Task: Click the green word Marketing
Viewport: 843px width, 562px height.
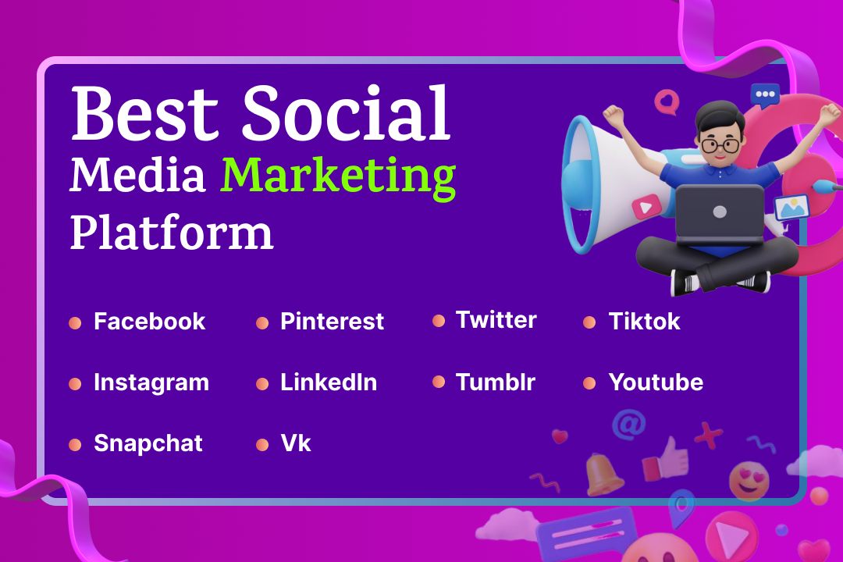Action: point(338,177)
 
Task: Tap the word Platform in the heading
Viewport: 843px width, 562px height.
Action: point(172,233)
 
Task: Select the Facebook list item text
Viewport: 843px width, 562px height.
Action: point(149,322)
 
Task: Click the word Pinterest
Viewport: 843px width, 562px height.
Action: point(332,322)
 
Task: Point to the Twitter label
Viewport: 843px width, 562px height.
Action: point(496,320)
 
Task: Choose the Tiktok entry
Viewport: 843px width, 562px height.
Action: point(644,322)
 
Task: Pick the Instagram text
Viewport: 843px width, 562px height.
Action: point(151,383)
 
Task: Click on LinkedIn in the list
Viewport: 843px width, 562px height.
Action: point(329,382)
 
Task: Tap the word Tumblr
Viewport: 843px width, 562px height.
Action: point(495,382)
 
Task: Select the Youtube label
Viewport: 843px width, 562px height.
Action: point(656,382)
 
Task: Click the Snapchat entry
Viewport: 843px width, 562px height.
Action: point(148,443)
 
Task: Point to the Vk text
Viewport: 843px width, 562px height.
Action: point(295,443)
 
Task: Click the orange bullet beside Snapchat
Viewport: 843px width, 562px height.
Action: point(75,445)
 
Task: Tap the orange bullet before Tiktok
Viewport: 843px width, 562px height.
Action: point(589,322)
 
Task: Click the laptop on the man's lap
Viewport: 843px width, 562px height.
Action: point(720,214)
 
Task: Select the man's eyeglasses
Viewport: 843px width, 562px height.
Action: point(720,145)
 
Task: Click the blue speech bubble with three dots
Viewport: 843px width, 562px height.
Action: point(764,96)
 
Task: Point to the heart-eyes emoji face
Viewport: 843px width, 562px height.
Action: point(749,480)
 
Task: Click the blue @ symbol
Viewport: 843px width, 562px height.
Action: point(628,425)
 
